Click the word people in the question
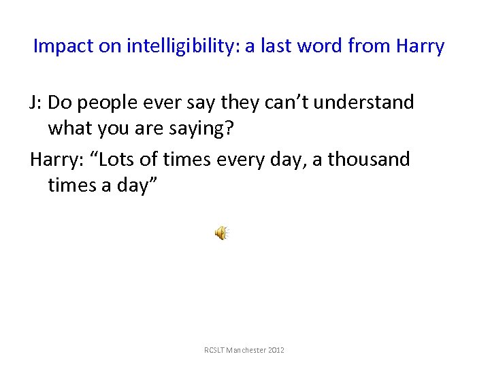click(108, 103)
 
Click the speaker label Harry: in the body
click(55, 160)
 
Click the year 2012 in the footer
click(277, 350)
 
